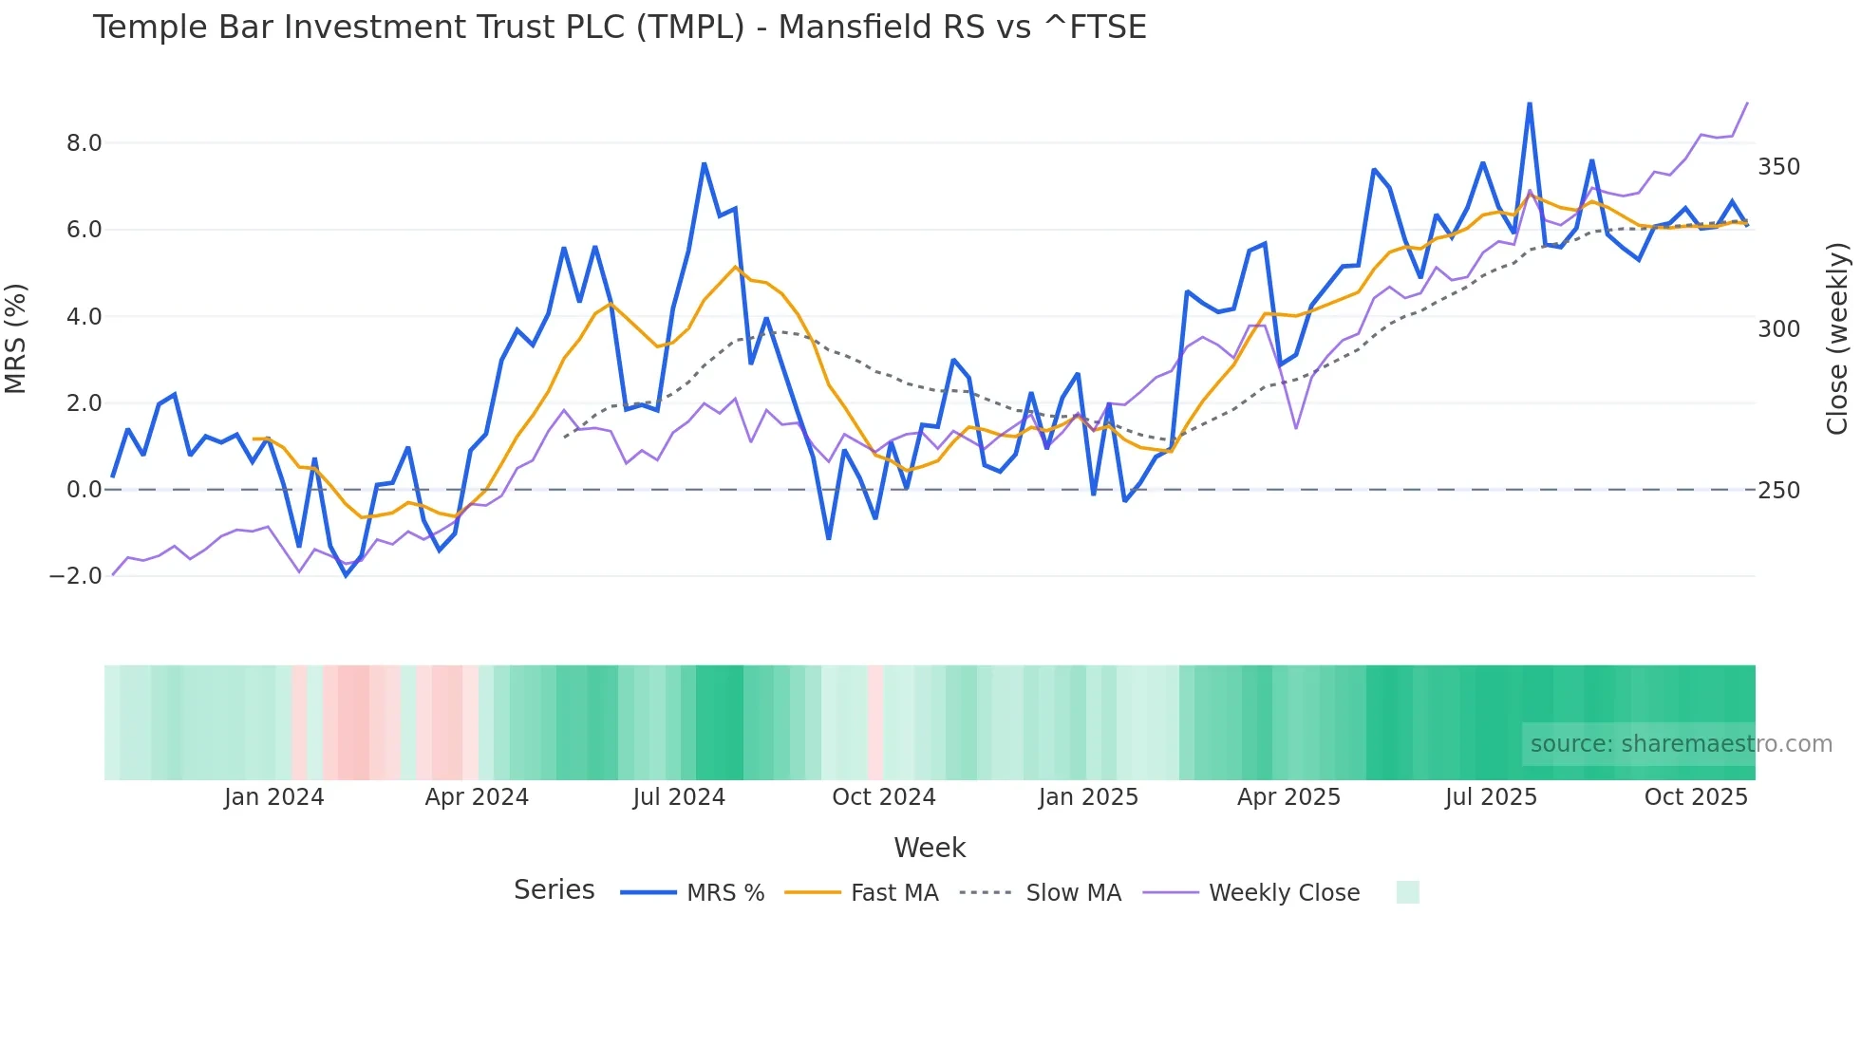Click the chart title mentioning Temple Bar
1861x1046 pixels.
coord(619,28)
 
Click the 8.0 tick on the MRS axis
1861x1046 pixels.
coord(84,143)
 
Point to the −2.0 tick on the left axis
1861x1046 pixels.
coord(76,576)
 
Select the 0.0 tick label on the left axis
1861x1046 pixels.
coord(84,490)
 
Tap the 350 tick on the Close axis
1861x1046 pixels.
coord(1778,167)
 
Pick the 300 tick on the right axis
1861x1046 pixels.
coord(1778,329)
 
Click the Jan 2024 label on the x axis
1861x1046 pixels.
coord(273,797)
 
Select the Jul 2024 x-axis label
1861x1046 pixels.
coord(679,797)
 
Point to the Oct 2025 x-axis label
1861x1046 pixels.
coord(1696,797)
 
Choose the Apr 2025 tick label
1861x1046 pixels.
coord(1288,797)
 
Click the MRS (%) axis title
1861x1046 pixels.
coord(16,338)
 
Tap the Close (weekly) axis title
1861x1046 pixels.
coord(1838,339)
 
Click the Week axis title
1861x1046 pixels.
coord(930,848)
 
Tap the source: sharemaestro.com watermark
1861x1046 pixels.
coord(1681,744)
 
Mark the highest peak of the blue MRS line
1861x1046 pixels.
coord(1530,103)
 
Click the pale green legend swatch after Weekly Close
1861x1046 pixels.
coord(1408,892)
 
